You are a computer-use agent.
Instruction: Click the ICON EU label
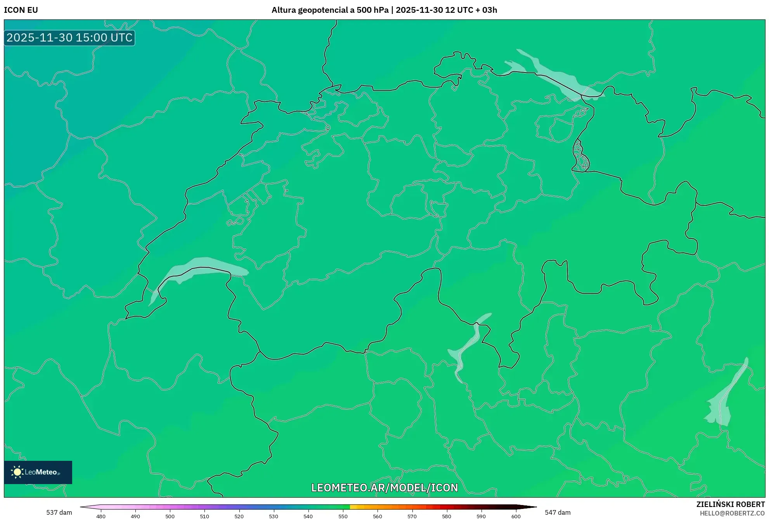point(21,10)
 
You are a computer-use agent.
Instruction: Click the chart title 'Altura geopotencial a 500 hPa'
point(330,10)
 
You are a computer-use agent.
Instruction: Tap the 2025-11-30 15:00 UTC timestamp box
point(69,38)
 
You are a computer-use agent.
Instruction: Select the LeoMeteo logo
point(38,472)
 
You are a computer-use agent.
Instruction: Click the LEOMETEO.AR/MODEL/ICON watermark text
point(384,488)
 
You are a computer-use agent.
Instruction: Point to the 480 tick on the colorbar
point(101,516)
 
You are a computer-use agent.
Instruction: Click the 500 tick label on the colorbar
point(170,516)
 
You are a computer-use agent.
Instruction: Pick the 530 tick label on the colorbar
point(274,516)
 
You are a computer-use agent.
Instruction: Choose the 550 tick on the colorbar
point(343,516)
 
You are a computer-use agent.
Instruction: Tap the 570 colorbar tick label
point(412,516)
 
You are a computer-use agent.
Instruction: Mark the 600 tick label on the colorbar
point(516,516)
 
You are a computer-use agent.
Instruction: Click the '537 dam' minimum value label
point(59,512)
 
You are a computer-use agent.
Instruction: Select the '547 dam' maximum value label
point(558,512)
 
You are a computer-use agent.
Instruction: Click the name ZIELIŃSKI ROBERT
point(731,504)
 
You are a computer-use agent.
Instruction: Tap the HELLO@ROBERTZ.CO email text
point(732,513)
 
